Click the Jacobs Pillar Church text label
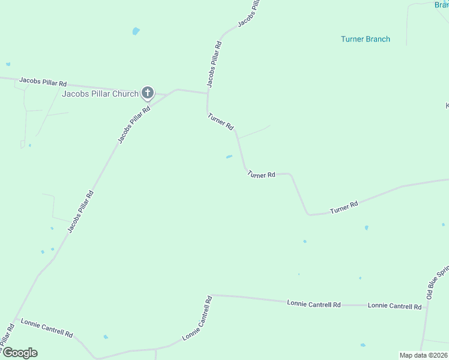tap(100, 94)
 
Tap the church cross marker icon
tap(148, 93)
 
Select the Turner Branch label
tap(365, 39)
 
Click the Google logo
tap(19, 353)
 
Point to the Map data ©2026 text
tap(423, 355)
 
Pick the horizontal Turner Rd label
tap(261, 175)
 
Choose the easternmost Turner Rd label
tap(344, 208)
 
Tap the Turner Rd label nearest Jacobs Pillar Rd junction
tap(220, 121)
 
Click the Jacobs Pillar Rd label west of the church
tap(43, 80)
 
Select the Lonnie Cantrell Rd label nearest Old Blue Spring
tap(394, 306)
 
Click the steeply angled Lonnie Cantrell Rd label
tap(197, 318)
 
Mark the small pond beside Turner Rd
tap(229, 157)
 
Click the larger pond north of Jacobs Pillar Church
tap(136, 31)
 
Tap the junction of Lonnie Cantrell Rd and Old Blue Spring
tap(426, 307)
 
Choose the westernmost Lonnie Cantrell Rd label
tap(47, 328)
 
